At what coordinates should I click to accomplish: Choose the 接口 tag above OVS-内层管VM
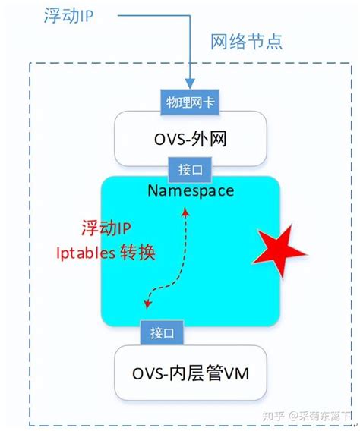pos(163,332)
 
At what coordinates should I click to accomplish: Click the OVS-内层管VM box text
pos(190,373)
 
